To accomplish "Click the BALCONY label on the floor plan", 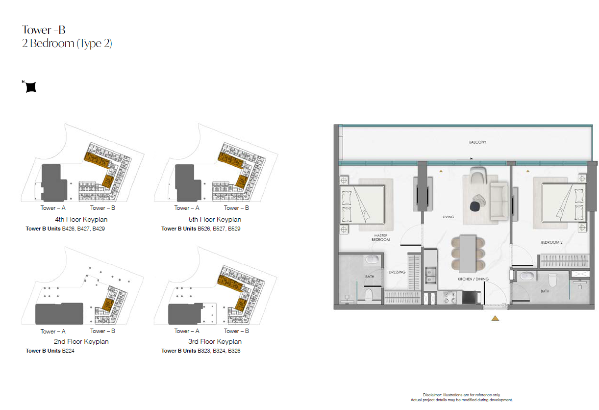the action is [x=477, y=142].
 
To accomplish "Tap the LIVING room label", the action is [x=448, y=217].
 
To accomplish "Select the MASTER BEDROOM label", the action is [x=381, y=237].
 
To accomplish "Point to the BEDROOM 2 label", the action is [x=551, y=242].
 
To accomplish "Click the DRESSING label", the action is [x=397, y=272].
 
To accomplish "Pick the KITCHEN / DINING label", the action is [x=473, y=279].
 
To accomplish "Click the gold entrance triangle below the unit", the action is [x=495, y=318].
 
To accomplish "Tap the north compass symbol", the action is [x=30, y=87].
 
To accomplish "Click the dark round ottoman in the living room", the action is [x=475, y=206].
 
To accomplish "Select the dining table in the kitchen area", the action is [x=468, y=253].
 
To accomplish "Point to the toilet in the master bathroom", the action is [x=369, y=294].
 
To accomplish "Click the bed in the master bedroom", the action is [x=362, y=205].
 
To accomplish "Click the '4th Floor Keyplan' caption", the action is [x=81, y=219].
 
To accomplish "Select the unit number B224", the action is [x=68, y=351].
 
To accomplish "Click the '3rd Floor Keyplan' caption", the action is [x=215, y=341].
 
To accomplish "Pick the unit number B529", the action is [x=234, y=229].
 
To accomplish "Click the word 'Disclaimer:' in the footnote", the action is [x=432, y=395].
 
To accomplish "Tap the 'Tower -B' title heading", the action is [x=44, y=30].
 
